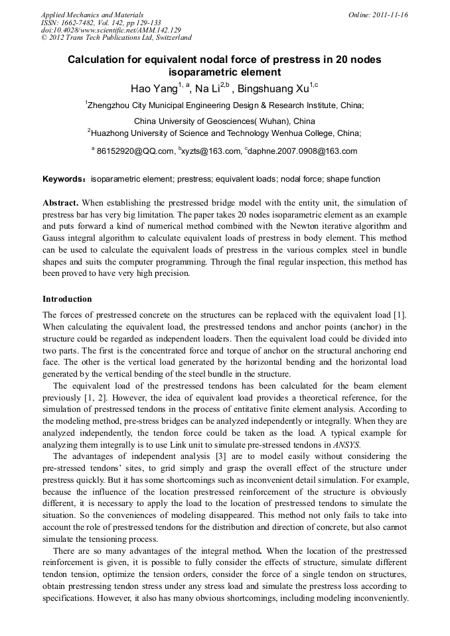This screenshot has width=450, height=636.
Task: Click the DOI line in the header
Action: click(x=111, y=31)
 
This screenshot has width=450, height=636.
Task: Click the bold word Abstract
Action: click(x=61, y=202)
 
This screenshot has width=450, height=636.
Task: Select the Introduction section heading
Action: click(x=67, y=299)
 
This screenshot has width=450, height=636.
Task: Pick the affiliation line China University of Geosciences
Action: click(x=224, y=121)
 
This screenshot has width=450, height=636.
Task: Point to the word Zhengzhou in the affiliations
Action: click(x=111, y=105)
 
